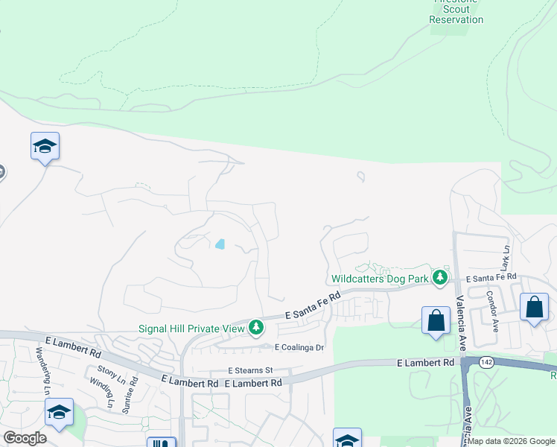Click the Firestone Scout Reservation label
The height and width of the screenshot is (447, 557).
click(x=456, y=13)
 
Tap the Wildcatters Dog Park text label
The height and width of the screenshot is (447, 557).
click(x=380, y=279)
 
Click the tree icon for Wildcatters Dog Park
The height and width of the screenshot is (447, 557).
click(x=440, y=277)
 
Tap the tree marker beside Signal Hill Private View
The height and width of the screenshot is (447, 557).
click(x=256, y=328)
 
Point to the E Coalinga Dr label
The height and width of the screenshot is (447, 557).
click(x=300, y=347)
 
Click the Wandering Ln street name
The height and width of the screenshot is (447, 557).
click(x=42, y=370)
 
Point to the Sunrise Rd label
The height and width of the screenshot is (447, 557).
click(x=133, y=389)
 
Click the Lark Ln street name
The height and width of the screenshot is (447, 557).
click(x=505, y=258)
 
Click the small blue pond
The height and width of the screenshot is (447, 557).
click(x=220, y=244)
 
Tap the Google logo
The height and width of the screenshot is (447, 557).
click(x=25, y=438)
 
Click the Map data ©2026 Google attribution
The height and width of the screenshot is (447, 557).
click(x=510, y=441)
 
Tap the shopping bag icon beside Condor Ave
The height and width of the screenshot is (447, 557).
click(x=535, y=307)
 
